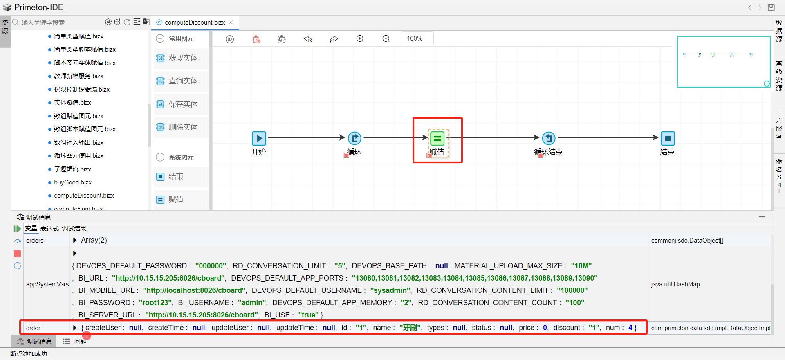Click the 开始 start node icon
259,138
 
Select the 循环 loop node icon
354,138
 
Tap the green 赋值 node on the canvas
437,138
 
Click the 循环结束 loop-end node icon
549,138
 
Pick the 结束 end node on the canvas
668,138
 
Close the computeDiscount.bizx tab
231,22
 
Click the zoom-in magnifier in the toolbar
360,39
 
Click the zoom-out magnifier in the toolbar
386,39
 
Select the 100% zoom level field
417,38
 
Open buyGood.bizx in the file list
73,182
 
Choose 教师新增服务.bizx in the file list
78,76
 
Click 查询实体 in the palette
183,81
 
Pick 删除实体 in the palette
183,127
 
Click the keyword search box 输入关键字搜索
57,23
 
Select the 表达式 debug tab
49,229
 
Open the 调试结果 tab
74,229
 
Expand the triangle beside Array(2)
75,241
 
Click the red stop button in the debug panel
18,254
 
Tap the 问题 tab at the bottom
80,341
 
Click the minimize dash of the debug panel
762,217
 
